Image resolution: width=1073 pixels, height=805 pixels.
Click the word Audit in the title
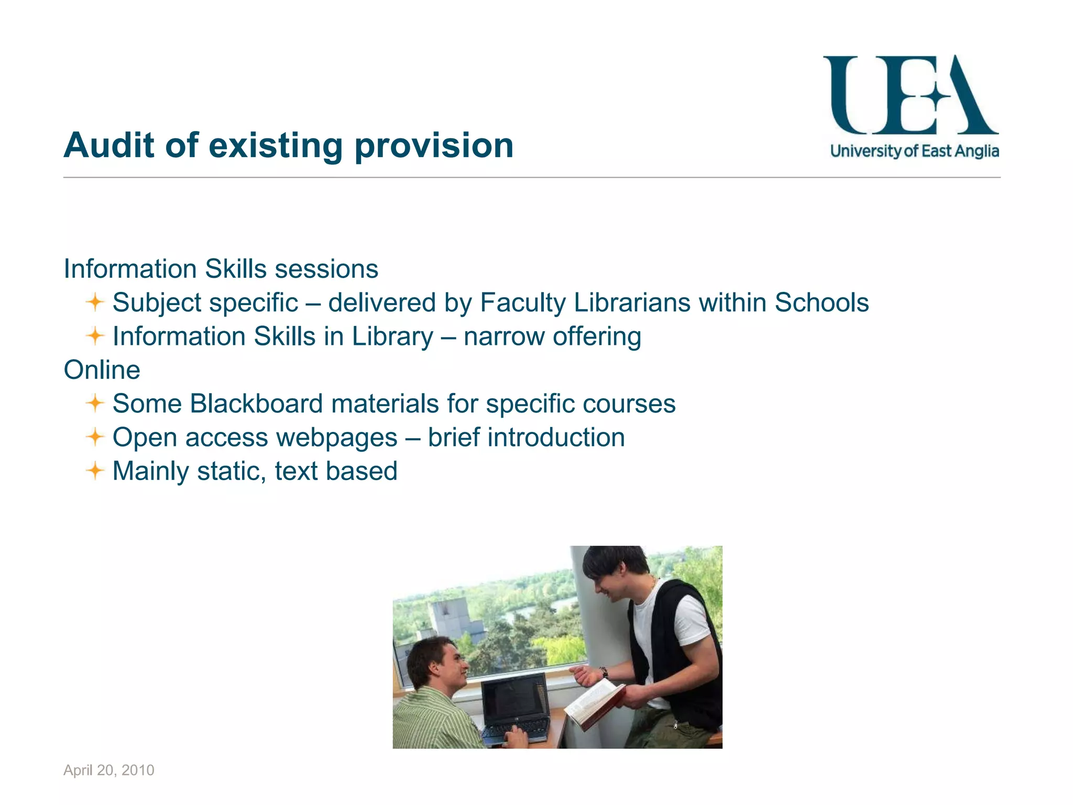(x=109, y=145)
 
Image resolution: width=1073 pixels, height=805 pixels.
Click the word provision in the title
(x=434, y=146)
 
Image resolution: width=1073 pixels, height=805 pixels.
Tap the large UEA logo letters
(x=910, y=95)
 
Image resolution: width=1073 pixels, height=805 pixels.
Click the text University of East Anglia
(x=914, y=151)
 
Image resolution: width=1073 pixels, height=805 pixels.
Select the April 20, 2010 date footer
(x=109, y=770)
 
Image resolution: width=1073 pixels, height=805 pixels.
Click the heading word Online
(x=102, y=370)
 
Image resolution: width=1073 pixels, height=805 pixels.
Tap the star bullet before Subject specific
(x=95, y=302)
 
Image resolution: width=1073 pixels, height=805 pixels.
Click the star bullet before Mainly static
(x=95, y=471)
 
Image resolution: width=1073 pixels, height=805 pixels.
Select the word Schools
(x=822, y=302)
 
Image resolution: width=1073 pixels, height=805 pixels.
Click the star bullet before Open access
(x=95, y=437)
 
